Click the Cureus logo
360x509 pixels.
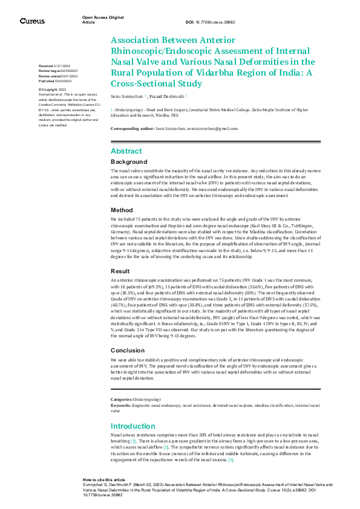32,21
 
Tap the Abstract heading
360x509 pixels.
126,151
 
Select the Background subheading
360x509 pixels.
129,162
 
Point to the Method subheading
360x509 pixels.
122,210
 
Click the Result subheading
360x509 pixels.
120,271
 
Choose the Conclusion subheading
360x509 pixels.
128,350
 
